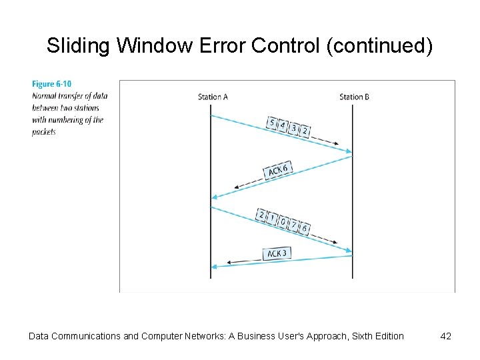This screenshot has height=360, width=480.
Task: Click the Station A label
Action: [213, 97]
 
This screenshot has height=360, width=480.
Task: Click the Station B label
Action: [354, 97]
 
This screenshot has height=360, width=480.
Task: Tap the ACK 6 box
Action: [277, 171]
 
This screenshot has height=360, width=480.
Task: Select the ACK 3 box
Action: [277, 253]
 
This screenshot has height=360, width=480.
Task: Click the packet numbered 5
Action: [272, 123]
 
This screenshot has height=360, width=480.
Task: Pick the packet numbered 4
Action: [283, 125]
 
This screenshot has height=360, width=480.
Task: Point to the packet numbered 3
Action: [294, 128]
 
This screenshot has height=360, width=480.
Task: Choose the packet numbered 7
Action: [294, 225]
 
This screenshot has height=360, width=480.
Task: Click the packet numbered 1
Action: [273, 219]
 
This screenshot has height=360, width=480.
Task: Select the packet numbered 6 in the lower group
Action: [305, 228]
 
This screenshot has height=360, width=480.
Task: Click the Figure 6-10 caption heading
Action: [51, 84]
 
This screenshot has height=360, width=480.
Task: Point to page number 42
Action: [446, 336]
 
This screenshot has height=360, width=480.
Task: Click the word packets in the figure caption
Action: [44, 132]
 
